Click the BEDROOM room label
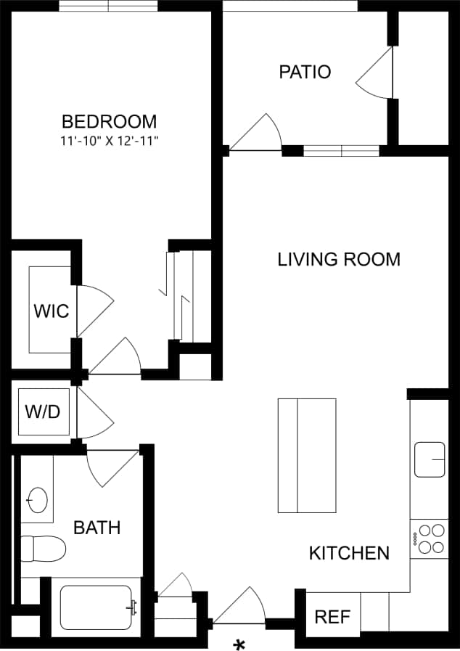point(109,121)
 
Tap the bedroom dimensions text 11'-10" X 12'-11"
point(109,141)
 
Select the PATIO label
point(305,72)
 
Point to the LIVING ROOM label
point(339,259)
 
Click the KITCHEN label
point(349,553)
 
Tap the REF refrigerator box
point(332,617)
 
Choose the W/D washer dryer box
point(42,412)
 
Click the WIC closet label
point(51,311)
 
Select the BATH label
point(96,528)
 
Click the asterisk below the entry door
point(239,644)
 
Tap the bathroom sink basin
point(37,500)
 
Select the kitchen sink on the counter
point(430,459)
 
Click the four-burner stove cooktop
point(430,538)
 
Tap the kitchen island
point(307,455)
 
